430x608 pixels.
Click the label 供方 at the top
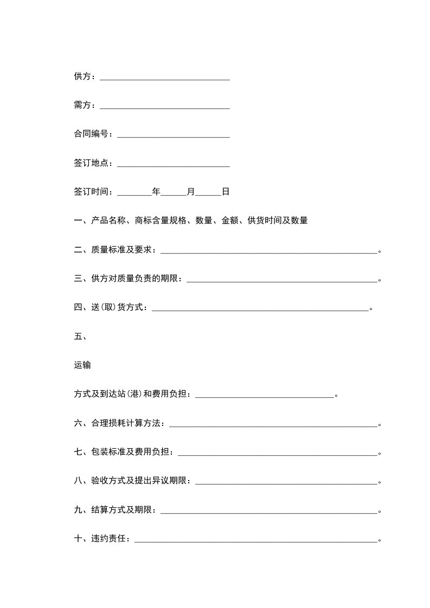[x=82, y=76]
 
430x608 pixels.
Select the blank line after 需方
[x=165, y=106]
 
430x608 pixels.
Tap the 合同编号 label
[x=91, y=134]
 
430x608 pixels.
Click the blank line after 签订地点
[x=173, y=163]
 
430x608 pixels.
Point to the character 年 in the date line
[x=156, y=192]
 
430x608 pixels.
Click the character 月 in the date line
[x=191, y=192]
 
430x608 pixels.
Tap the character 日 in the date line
[x=226, y=192]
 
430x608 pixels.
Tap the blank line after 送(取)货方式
[x=260, y=308]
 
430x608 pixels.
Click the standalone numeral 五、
[x=80, y=337]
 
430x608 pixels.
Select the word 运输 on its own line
[x=82, y=365]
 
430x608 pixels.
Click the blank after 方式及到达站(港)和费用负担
[x=265, y=396]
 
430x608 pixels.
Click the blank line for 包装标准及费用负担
[x=277, y=453]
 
